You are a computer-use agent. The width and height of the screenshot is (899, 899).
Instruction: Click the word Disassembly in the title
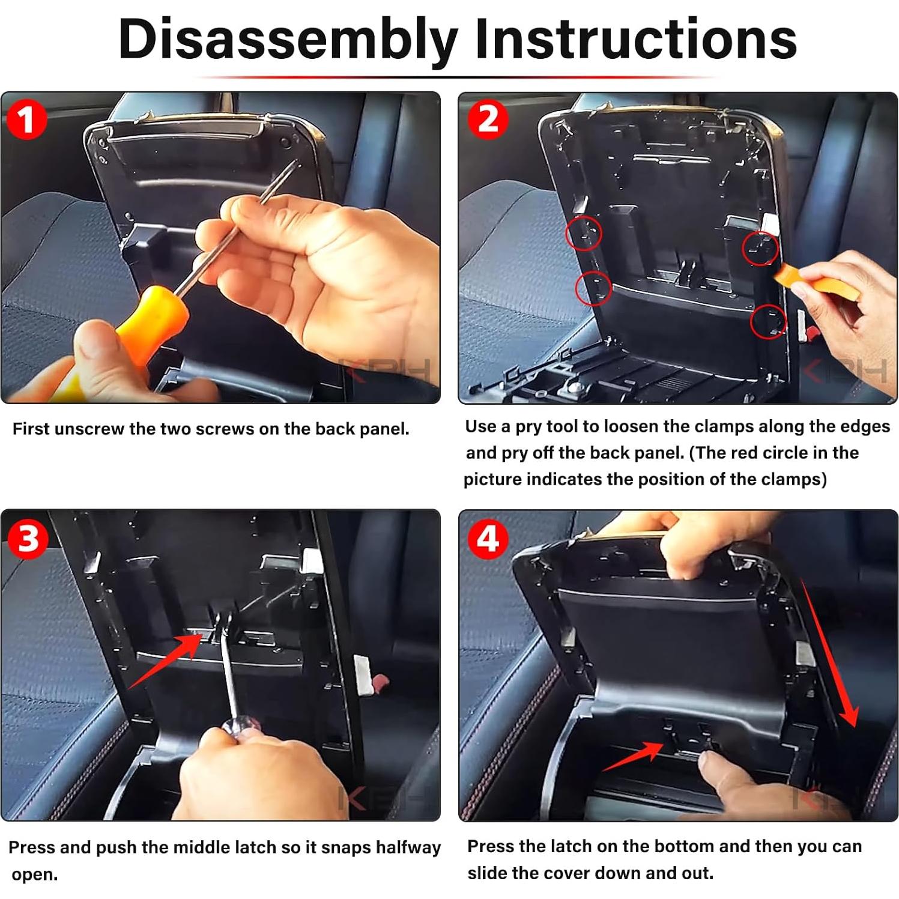coord(288,39)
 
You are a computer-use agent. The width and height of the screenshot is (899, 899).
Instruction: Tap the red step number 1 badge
coord(26,120)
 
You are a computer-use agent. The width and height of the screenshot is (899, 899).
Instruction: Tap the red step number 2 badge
coord(488,120)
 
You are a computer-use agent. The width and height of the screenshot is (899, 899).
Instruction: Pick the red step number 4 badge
coord(487,539)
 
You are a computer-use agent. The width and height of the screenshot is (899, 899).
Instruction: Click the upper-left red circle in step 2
coord(584,232)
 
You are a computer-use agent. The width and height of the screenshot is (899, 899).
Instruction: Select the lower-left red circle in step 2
coord(593,288)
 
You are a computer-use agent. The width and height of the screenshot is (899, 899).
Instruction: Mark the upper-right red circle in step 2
coord(760,248)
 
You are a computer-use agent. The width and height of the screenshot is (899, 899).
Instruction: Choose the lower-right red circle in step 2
coord(768,321)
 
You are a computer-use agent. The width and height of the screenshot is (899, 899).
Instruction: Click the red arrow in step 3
coord(165,661)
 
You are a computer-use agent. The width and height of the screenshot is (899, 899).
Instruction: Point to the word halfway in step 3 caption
coord(408,847)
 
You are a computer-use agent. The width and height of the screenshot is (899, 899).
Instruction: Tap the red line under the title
coord(456,77)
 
